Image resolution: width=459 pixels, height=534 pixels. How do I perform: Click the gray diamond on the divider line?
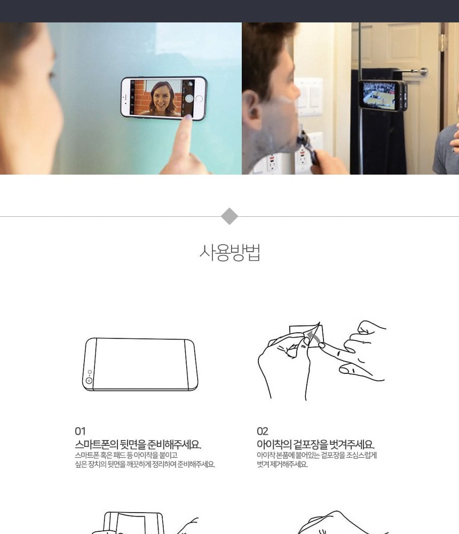[230, 216]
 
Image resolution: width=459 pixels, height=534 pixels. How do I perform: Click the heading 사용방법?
[230, 253]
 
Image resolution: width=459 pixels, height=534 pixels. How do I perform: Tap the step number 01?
[80, 431]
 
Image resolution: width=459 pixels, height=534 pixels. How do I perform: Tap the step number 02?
[262, 431]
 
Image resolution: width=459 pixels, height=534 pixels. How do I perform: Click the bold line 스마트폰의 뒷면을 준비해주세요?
[138, 444]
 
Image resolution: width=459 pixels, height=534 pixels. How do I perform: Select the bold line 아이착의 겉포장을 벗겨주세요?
[315, 444]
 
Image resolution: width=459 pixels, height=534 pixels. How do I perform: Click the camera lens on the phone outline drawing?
[89, 380]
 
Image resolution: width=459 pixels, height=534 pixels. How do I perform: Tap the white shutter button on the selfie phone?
[189, 98]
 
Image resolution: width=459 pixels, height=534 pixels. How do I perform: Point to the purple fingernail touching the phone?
[188, 117]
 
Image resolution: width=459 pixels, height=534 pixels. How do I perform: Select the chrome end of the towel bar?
[423, 72]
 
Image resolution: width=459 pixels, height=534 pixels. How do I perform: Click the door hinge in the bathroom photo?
[444, 42]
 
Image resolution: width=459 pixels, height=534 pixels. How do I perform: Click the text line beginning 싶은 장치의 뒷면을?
[145, 464]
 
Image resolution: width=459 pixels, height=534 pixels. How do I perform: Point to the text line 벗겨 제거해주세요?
[282, 464]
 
